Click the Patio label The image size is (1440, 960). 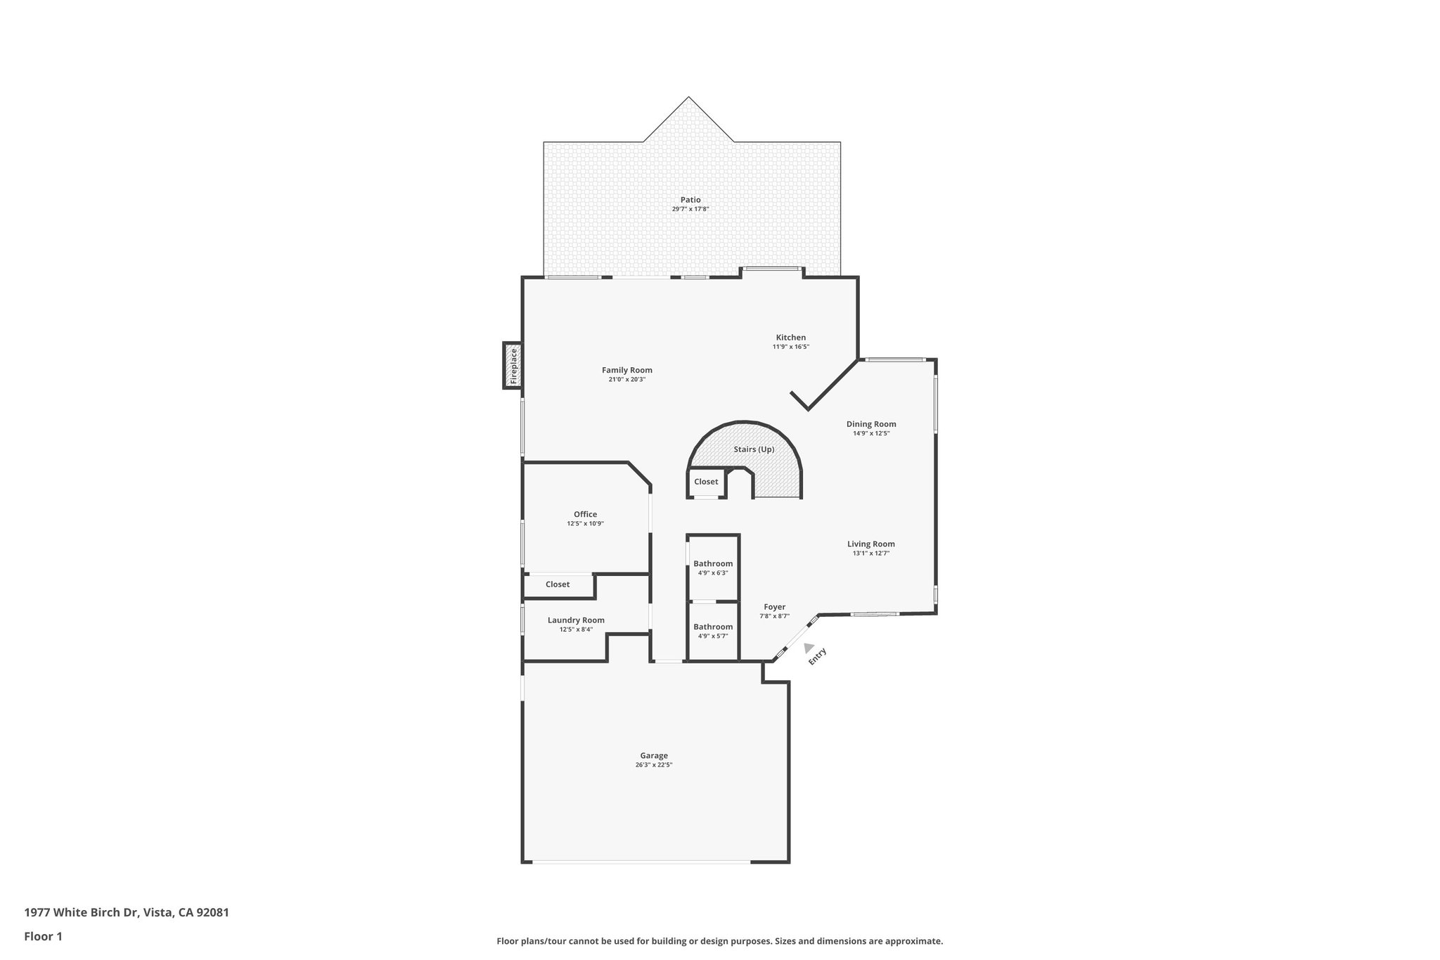coord(690,200)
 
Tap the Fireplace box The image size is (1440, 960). coord(513,365)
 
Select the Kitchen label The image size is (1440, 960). coord(790,338)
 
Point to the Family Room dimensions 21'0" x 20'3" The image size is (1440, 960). coord(626,380)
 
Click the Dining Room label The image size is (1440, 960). coord(870,424)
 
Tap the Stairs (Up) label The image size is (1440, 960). coord(754,449)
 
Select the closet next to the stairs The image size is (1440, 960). coord(706,482)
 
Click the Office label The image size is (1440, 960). coord(585,514)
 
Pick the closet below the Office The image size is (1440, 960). coord(558,584)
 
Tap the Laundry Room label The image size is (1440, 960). coord(576,620)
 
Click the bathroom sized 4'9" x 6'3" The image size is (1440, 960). coord(713,568)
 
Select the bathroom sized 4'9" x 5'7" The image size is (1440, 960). coord(713,631)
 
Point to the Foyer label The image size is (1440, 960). coord(774,607)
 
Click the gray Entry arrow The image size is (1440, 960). coord(809,648)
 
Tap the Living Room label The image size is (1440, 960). coord(870,544)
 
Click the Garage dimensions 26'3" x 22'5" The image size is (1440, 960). coord(654,765)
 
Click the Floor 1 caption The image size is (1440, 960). coord(44,936)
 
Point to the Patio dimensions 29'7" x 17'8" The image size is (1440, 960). coord(690,209)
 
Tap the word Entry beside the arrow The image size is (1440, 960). coord(818,657)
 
